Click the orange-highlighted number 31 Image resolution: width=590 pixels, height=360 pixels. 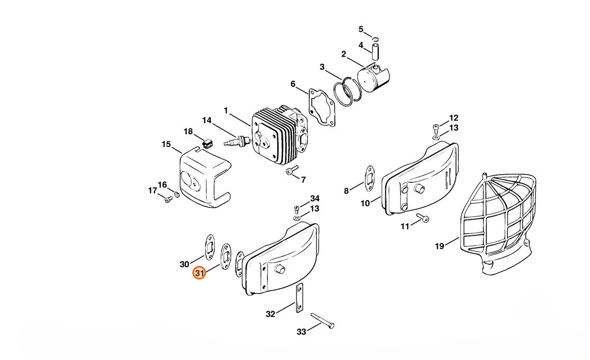pos(199,273)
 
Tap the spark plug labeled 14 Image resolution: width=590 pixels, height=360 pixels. pos(237,141)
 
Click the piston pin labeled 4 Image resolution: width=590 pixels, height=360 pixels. pos(375,52)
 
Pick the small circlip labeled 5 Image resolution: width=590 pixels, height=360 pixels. pos(375,39)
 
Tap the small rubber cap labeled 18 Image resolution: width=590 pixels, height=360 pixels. pos(207,143)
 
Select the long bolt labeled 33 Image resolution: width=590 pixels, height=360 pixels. pos(323,320)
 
